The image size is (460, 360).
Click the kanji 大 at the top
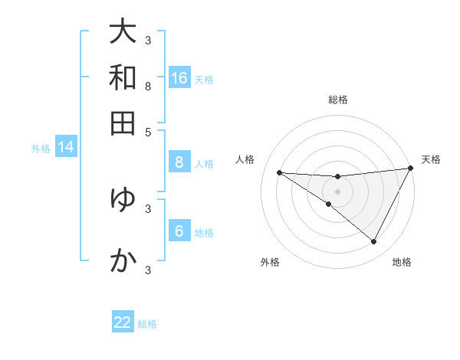pyautogui.click(x=123, y=31)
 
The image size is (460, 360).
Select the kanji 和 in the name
pyautogui.click(x=123, y=77)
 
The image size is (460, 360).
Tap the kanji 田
pyautogui.click(x=123, y=123)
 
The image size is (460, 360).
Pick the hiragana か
pyautogui.click(x=123, y=260)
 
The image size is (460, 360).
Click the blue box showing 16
pyautogui.click(x=179, y=78)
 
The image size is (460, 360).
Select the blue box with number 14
pyautogui.click(x=66, y=147)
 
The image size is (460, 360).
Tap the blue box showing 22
pyautogui.click(x=123, y=322)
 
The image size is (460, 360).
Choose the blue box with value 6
pyautogui.click(x=179, y=231)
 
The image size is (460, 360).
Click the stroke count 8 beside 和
pyautogui.click(x=148, y=87)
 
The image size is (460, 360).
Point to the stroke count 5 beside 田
pyautogui.click(x=148, y=132)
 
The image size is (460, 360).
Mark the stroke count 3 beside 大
pyautogui.click(x=148, y=40)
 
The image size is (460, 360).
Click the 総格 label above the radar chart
pyautogui.click(x=338, y=100)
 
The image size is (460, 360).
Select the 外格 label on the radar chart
pyautogui.click(x=270, y=262)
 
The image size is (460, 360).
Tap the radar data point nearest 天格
pyautogui.click(x=411, y=169)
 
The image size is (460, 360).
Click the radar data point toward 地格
pyautogui.click(x=374, y=242)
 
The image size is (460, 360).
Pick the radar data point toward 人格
pyautogui.click(x=279, y=172)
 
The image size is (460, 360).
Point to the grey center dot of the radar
pyautogui.click(x=338, y=191)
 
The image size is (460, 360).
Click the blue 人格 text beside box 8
pyautogui.click(x=204, y=163)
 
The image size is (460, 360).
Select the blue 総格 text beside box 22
pyautogui.click(x=147, y=324)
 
